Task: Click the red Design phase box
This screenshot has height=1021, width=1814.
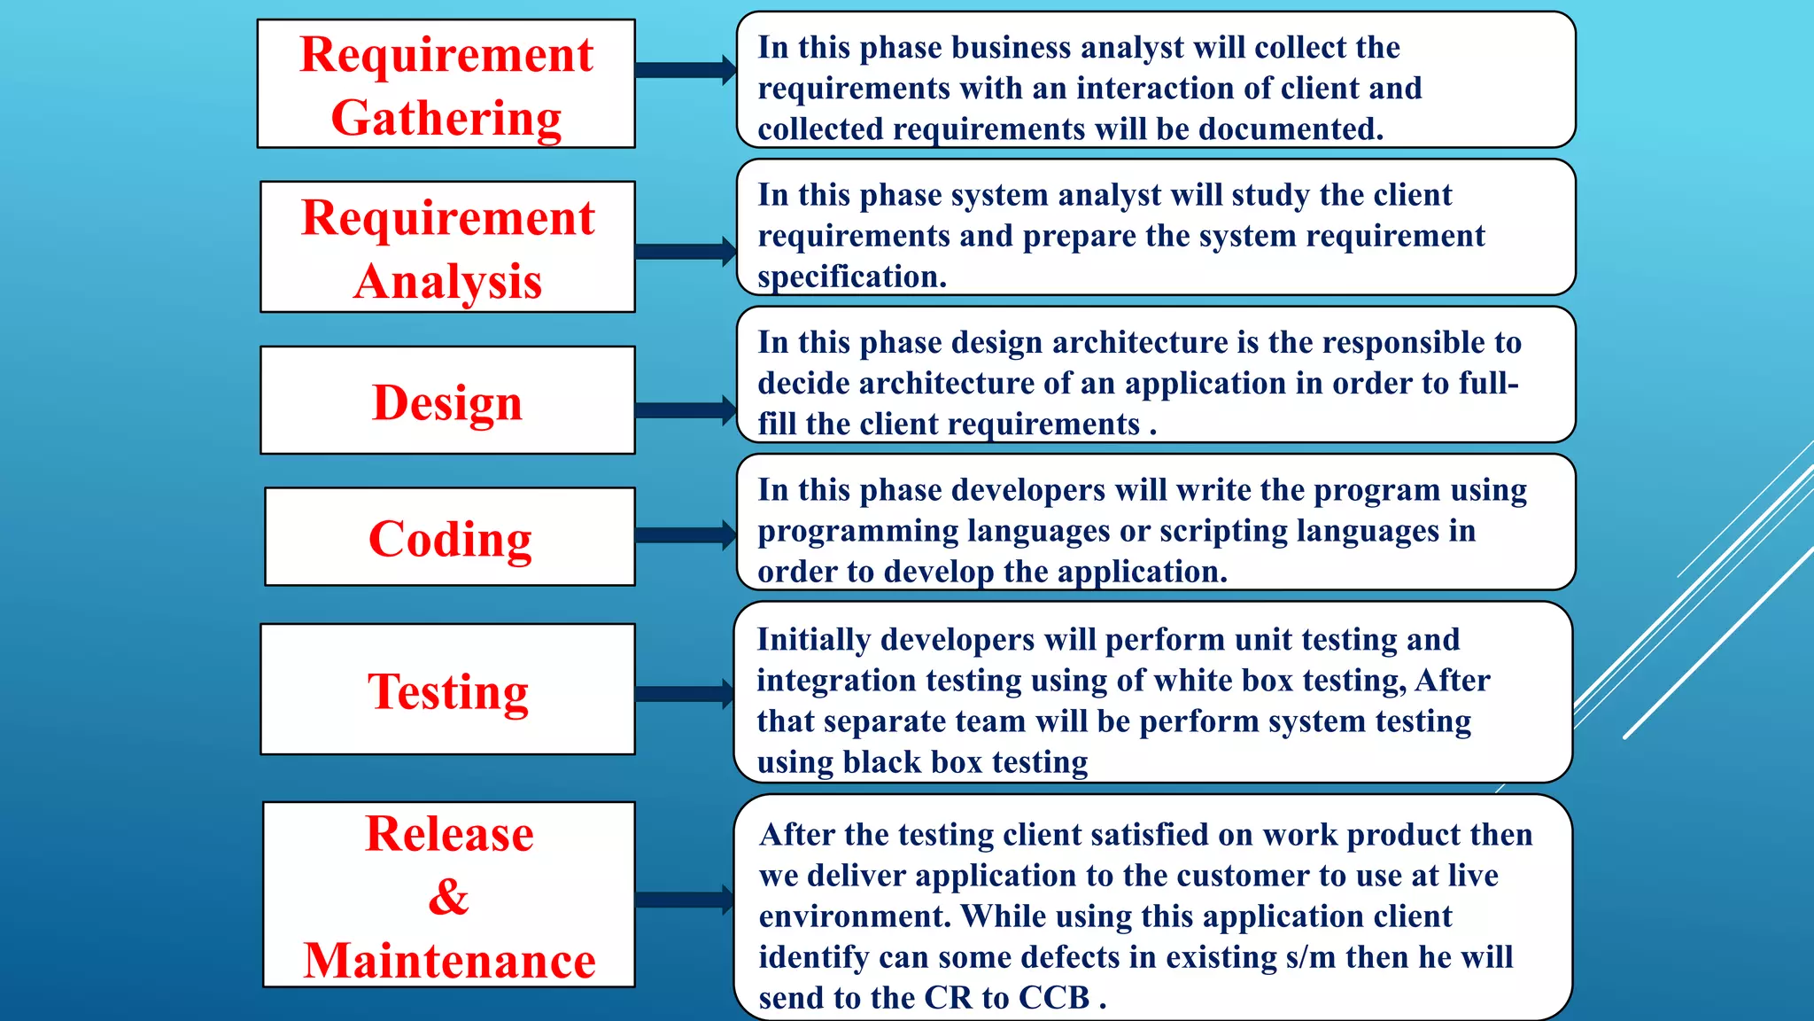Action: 447,401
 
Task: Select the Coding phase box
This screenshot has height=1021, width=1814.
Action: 450,537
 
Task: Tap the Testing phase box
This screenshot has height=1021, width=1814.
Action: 447,690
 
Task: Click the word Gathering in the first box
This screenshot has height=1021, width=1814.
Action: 446,117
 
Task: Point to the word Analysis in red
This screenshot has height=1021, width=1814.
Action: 447,282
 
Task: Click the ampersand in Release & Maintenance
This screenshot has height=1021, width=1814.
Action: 448,896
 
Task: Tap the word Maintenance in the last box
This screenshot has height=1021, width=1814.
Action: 449,961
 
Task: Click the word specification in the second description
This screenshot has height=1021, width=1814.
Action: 850,277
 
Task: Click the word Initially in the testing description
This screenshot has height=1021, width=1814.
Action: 814,639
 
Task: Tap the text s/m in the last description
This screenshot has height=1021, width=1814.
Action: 1292,957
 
